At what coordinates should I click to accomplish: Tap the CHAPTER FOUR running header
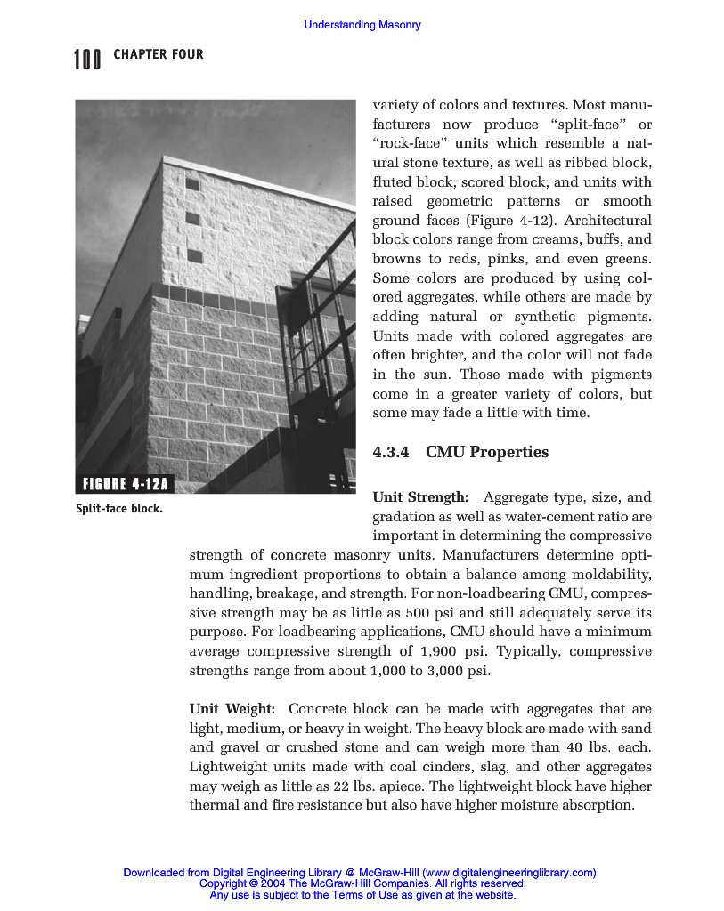click(x=159, y=55)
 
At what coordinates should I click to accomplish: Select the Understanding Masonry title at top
click(x=362, y=25)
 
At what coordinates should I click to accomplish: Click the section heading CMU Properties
click(x=487, y=452)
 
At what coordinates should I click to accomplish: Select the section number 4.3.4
click(x=390, y=452)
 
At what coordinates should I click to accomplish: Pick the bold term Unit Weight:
click(x=232, y=709)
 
